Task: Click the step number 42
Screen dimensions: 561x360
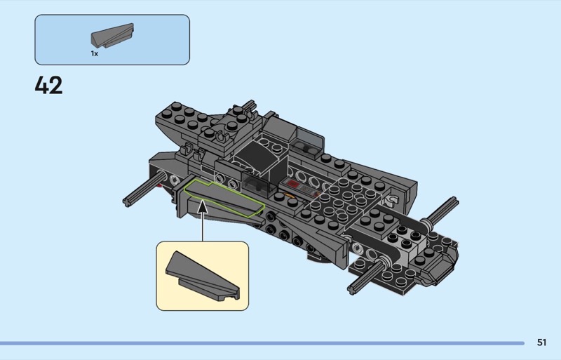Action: (48, 85)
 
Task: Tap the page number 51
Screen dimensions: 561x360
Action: (541, 342)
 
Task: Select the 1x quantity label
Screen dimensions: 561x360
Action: (95, 53)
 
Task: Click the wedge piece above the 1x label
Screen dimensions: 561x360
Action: (112, 35)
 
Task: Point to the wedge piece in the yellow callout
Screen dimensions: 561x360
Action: (202, 276)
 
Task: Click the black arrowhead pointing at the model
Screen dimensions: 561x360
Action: (203, 207)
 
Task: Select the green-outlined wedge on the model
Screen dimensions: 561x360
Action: (224, 198)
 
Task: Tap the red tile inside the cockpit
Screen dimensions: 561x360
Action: (293, 184)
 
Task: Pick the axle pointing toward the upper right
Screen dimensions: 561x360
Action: (441, 211)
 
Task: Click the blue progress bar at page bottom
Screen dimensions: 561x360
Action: (262, 343)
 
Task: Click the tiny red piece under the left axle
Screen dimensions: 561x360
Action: (160, 185)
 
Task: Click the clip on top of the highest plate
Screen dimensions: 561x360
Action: (222, 136)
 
